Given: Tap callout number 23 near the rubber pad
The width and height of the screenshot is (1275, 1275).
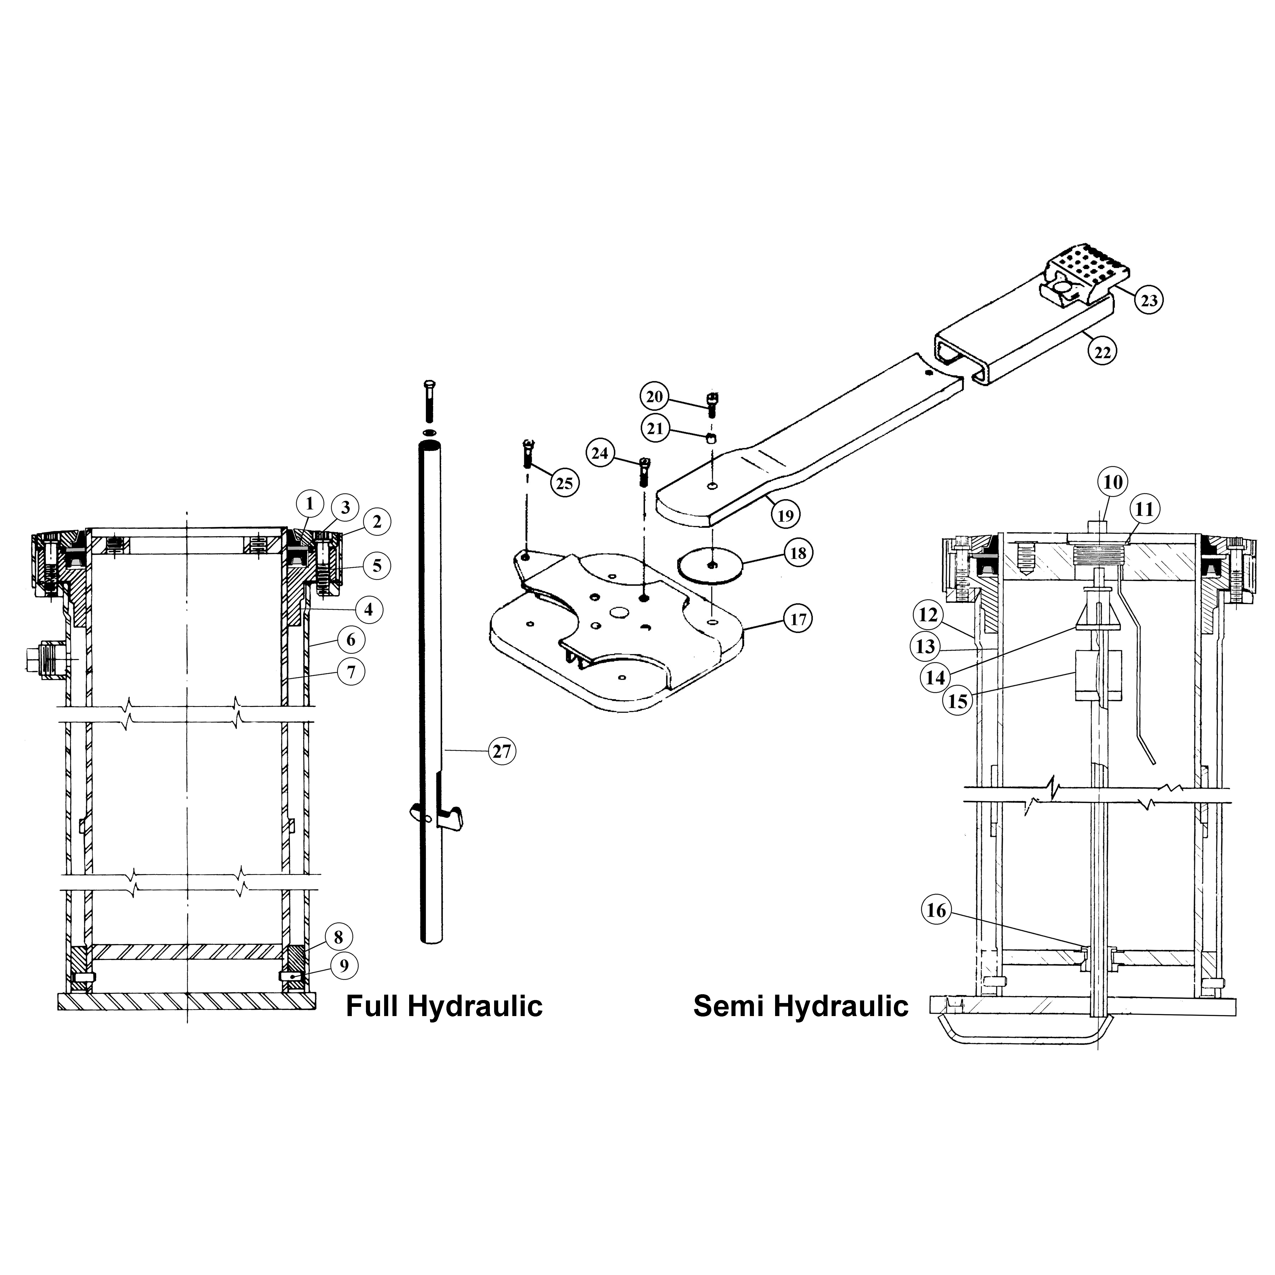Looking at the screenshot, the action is [1149, 300].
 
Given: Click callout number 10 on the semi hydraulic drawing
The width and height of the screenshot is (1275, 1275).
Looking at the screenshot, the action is [1113, 482].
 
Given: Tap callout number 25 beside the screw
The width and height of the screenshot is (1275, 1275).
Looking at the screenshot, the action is [564, 484].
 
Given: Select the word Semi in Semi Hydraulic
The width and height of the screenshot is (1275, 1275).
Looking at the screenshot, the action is [729, 1006].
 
